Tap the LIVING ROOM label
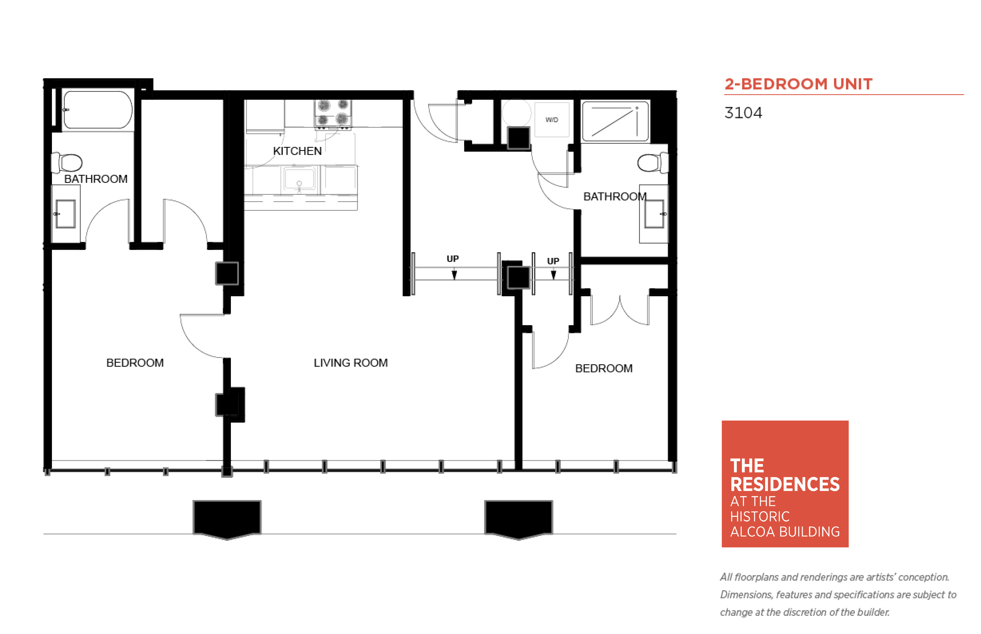[x=350, y=363]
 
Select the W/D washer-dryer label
[x=551, y=120]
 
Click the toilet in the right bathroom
[x=653, y=163]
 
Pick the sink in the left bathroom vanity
[x=66, y=214]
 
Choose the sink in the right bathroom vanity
[x=654, y=214]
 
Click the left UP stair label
[x=453, y=258]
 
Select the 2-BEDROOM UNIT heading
[x=798, y=84]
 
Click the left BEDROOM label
[x=135, y=363]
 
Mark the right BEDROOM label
[x=604, y=368]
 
